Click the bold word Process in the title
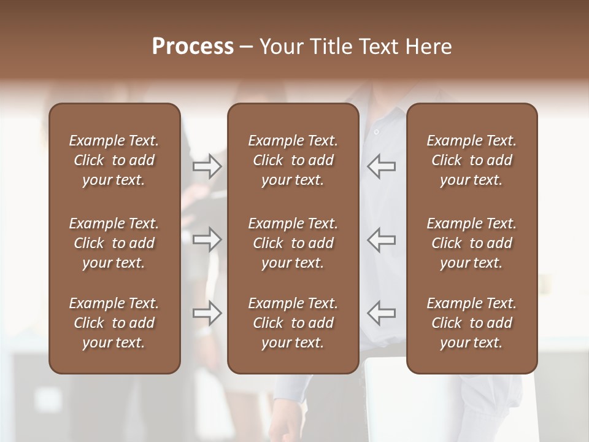193,47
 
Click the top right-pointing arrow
207,166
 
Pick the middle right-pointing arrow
207,239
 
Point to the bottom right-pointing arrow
207,313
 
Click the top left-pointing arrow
382,166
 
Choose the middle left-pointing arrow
382,239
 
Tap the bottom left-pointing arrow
382,313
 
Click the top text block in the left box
114,160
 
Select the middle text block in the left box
114,243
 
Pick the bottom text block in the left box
114,323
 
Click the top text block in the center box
293,160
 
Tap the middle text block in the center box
293,243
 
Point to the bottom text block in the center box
293,323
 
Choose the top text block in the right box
471,160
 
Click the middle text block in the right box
471,243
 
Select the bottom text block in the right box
471,323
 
